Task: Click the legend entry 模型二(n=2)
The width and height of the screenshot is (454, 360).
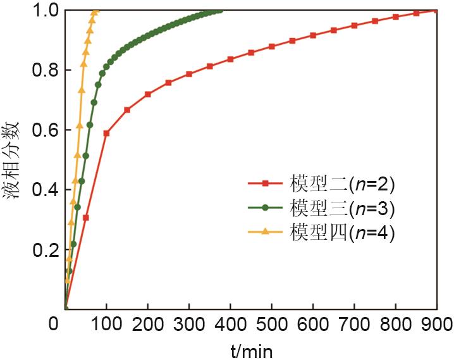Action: pyautogui.click(x=342, y=185)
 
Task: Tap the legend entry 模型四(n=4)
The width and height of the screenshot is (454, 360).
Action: pyautogui.click(x=342, y=232)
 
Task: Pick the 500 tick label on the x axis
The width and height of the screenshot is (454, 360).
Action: pyautogui.click(x=271, y=325)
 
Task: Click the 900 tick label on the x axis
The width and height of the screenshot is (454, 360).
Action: pyautogui.click(x=436, y=325)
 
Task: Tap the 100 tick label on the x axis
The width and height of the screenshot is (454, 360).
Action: pyautogui.click(x=106, y=325)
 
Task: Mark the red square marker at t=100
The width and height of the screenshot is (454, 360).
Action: pyautogui.click(x=106, y=133)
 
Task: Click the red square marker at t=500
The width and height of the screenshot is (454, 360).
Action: pyautogui.click(x=271, y=46)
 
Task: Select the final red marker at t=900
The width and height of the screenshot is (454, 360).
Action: pyautogui.click(x=436, y=10)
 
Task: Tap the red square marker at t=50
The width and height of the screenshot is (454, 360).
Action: pyautogui.click(x=85, y=218)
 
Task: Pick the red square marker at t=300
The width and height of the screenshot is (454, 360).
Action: pyautogui.click(x=189, y=74)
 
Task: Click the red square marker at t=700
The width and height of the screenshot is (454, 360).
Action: pyautogui.click(x=354, y=25)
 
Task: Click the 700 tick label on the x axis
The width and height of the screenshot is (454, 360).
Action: pyautogui.click(x=354, y=325)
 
